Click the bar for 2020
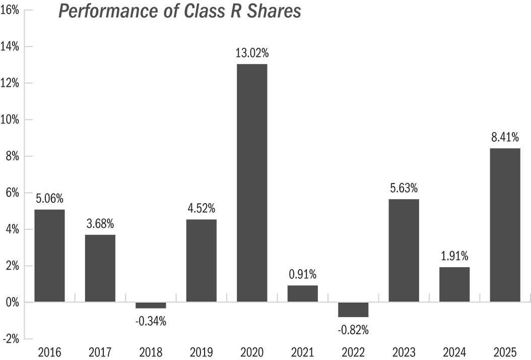pos(252,183)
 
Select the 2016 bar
pos(49,256)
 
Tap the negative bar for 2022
pos(353,310)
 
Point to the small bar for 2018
pos(151,305)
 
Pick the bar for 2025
pos(505,225)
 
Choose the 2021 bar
pos(303,293)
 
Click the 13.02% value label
pos(252,53)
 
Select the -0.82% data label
pos(353,330)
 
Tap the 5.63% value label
pos(404,188)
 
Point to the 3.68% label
pos(100,224)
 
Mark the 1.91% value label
pos(454,256)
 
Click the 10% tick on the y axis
pos(10,119)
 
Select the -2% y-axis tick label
pos(11,339)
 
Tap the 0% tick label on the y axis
pos(13,303)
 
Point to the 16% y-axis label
pos(10,10)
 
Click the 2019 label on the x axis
pos(202,352)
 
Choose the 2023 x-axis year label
pos(404,352)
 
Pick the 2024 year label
pos(454,352)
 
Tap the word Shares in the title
pos(274,11)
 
